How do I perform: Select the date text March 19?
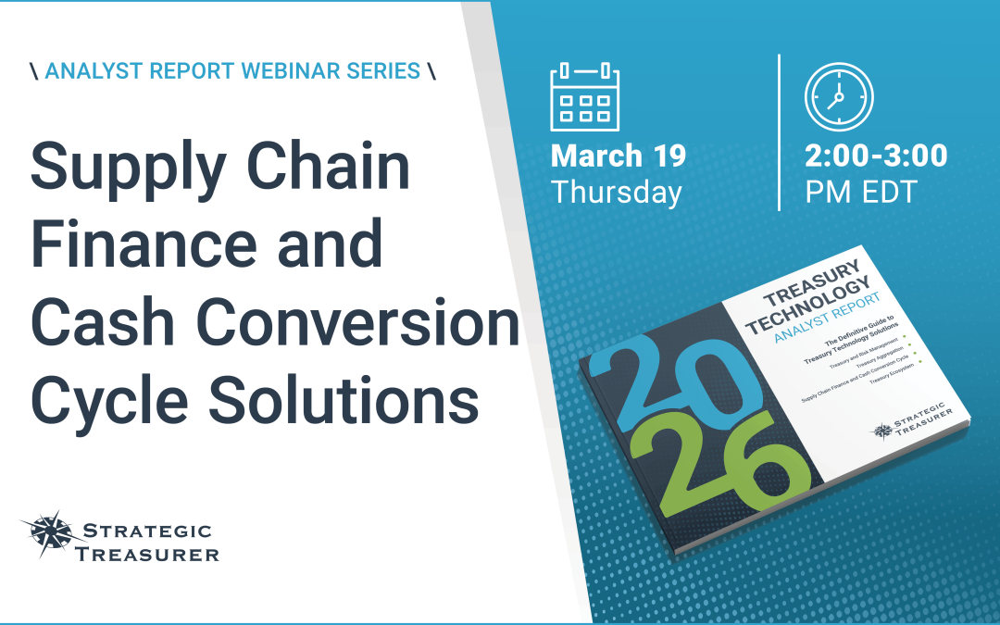tap(619, 156)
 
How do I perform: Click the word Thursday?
tap(616, 193)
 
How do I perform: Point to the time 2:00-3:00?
tap(876, 156)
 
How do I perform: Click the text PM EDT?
tap(860, 193)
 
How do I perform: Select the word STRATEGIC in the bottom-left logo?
tap(148, 531)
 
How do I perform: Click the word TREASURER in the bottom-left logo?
tap(152, 554)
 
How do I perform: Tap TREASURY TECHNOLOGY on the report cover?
tap(815, 286)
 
